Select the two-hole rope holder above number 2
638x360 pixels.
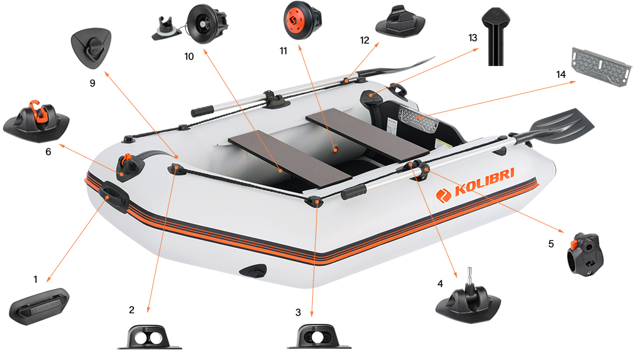pos(150,336)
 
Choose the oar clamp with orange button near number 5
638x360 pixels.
pos(584,253)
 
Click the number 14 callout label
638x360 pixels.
pos(561,74)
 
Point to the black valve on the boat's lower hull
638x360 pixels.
pos(254,271)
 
